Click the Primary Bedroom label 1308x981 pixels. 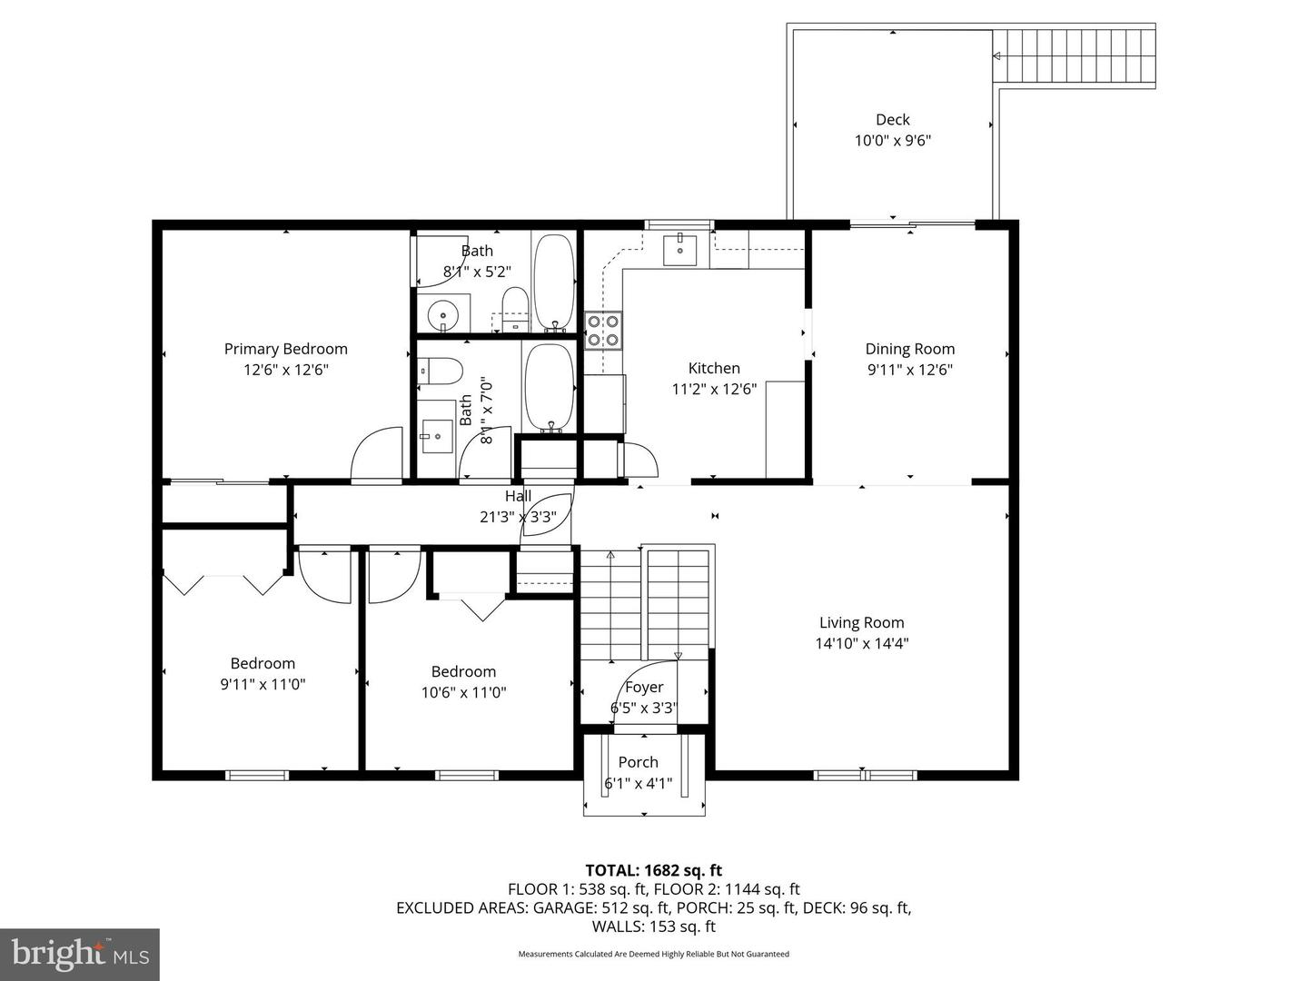[285, 349]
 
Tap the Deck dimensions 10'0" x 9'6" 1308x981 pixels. [892, 141]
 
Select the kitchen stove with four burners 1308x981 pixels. [603, 330]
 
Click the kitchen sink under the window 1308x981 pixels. [679, 248]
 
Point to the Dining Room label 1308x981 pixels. [909, 349]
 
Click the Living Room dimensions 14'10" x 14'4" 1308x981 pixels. [861, 644]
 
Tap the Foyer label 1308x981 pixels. [644, 688]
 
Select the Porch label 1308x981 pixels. [638, 762]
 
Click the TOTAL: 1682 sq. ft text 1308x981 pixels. [653, 871]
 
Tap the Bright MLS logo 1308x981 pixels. [80, 954]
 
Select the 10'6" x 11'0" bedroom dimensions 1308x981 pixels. [463, 692]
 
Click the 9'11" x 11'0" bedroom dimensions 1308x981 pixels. [263, 684]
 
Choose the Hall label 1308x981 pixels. [518, 496]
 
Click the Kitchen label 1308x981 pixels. [714, 368]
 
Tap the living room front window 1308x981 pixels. [865, 775]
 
